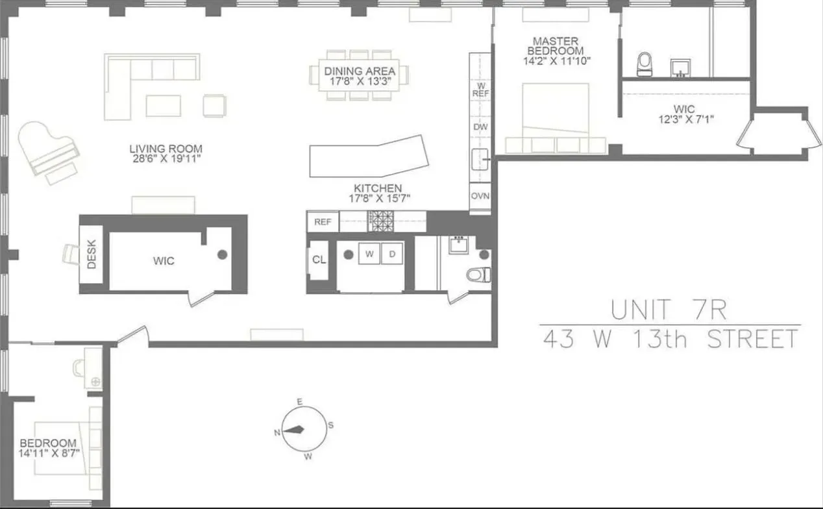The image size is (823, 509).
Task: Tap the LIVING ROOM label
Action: point(166,149)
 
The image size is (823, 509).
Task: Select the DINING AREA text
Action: point(360,71)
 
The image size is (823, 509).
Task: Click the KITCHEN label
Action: point(378,188)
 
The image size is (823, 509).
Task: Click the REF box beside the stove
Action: point(323,222)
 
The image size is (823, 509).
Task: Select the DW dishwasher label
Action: point(480,127)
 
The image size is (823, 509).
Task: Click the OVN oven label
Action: point(480,195)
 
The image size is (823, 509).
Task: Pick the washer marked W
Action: point(369,254)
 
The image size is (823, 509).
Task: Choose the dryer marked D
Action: point(392,254)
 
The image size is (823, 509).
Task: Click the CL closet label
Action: point(318,260)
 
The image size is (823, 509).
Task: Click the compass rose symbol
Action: point(299,429)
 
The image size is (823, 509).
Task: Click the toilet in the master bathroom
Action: point(645,63)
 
